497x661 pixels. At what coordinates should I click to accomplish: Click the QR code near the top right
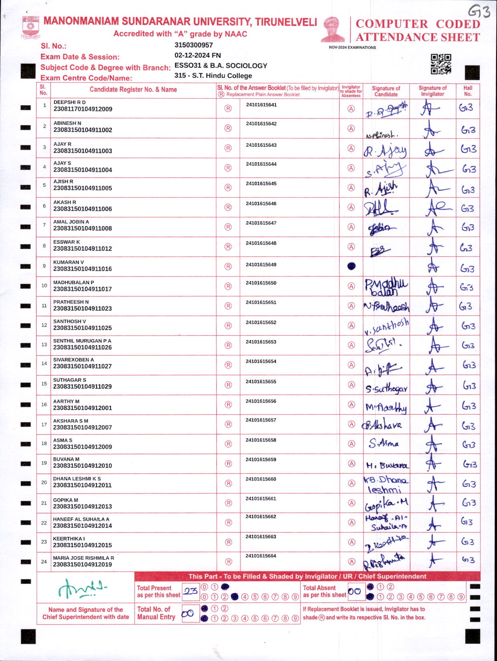click(441, 64)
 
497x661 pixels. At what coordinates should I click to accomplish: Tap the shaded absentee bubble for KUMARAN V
click(351, 266)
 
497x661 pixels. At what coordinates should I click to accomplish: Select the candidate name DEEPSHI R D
click(69, 102)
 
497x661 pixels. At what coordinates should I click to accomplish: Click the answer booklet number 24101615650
click(261, 283)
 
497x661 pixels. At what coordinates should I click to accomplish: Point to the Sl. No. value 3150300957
click(194, 45)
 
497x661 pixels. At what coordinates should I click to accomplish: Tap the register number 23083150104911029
click(82, 387)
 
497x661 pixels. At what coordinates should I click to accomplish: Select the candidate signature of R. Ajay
click(385, 150)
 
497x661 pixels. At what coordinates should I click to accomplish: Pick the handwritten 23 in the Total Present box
click(191, 591)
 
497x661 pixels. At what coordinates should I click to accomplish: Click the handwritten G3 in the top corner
click(479, 12)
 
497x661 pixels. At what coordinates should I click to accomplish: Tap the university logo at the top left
click(30, 27)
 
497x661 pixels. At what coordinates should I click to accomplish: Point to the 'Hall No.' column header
click(468, 91)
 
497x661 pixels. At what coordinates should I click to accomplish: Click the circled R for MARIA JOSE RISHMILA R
click(228, 562)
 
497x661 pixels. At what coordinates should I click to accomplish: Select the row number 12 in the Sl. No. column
click(44, 325)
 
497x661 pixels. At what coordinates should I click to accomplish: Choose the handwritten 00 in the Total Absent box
click(354, 591)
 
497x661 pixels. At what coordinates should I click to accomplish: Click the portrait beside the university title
click(333, 29)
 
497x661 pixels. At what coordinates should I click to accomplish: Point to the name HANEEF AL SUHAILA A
click(81, 519)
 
